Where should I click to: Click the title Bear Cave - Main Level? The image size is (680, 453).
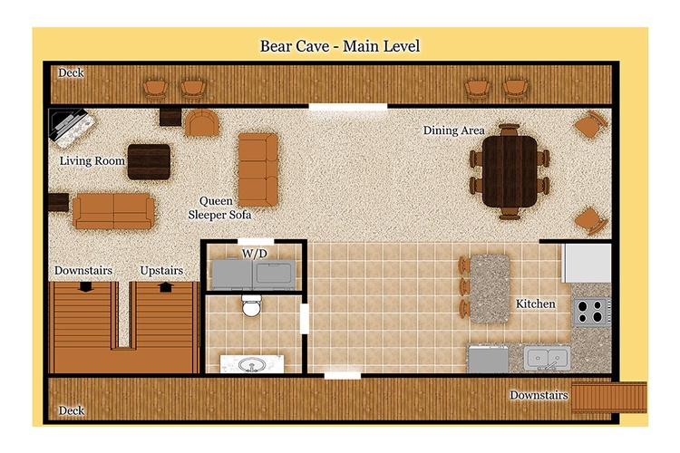[340, 46]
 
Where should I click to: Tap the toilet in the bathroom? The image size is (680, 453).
[251, 305]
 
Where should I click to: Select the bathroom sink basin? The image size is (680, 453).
[252, 364]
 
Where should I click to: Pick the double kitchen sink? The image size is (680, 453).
[548, 358]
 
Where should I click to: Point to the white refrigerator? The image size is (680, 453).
[587, 263]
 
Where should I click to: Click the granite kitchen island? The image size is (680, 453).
[490, 289]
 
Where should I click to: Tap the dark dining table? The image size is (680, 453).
[510, 171]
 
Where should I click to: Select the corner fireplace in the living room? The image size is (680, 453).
[72, 128]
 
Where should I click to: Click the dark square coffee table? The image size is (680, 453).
[149, 161]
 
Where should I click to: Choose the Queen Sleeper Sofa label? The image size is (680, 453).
[219, 208]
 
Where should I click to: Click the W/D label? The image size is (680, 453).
[254, 253]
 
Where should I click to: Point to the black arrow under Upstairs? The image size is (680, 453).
[166, 287]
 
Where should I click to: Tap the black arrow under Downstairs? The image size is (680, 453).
[86, 286]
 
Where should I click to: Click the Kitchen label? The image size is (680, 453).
[535, 304]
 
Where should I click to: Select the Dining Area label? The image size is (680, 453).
[453, 130]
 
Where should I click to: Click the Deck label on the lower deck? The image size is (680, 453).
[71, 410]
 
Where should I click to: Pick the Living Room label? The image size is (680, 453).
[92, 161]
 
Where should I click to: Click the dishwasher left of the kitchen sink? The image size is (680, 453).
[489, 360]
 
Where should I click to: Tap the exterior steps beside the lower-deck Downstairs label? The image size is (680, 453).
[609, 397]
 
